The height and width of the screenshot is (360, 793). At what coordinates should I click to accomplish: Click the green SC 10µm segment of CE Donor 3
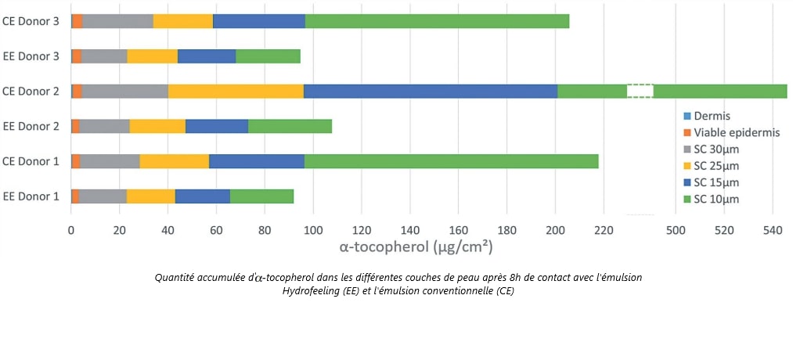(437, 21)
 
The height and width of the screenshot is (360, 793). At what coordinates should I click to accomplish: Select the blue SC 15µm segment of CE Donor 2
(430, 91)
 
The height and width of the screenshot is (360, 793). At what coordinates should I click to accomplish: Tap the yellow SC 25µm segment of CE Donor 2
(236, 91)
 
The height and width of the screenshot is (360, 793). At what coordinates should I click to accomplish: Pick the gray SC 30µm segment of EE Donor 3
(104, 56)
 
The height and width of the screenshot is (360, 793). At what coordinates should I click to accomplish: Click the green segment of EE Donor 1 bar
(261, 196)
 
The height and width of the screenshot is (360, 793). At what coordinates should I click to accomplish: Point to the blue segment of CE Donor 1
(256, 161)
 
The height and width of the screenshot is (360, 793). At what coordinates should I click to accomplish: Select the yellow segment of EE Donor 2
(157, 126)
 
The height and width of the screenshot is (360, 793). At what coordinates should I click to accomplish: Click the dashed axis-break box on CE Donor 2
(640, 91)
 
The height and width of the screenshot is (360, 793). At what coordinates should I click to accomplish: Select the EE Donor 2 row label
(31, 126)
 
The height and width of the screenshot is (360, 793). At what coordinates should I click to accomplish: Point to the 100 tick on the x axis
(313, 231)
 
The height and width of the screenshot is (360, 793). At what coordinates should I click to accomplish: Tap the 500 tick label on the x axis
(675, 231)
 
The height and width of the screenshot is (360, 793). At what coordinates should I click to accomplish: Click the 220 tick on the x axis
(604, 231)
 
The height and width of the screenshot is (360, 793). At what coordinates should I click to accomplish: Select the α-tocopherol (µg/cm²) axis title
(415, 248)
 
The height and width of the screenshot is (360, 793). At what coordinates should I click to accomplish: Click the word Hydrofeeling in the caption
(314, 291)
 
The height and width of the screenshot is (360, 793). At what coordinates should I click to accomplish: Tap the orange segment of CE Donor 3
(77, 21)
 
